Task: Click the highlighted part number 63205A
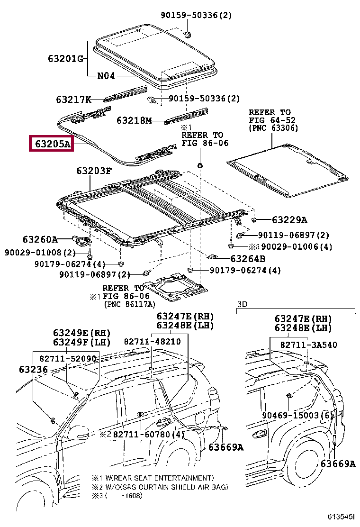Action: click(53, 144)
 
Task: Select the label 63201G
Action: click(65, 59)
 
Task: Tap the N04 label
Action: click(106, 76)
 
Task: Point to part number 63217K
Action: click(73, 100)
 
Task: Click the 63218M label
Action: click(135, 120)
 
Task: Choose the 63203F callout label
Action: click(94, 171)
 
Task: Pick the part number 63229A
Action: click(289, 220)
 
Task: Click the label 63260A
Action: click(40, 239)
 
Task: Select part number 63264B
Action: click(248, 258)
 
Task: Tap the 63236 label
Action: click(33, 369)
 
